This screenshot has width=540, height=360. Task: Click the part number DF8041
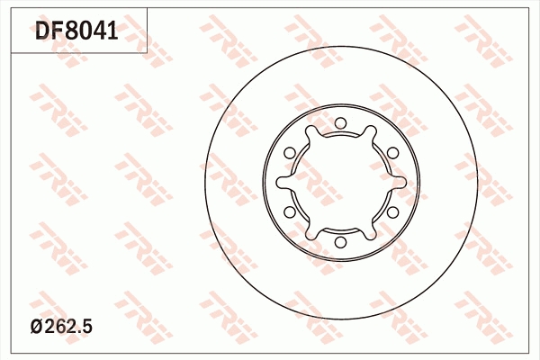click(76, 31)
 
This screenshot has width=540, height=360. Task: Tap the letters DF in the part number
click(49, 31)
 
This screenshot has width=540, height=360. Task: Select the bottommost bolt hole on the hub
click(340, 242)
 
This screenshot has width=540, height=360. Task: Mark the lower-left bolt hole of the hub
click(289, 212)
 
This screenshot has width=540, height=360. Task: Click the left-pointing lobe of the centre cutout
click(281, 183)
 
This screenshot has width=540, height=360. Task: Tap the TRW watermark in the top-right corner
click(486, 36)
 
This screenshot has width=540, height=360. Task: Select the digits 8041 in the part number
click(91, 31)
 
